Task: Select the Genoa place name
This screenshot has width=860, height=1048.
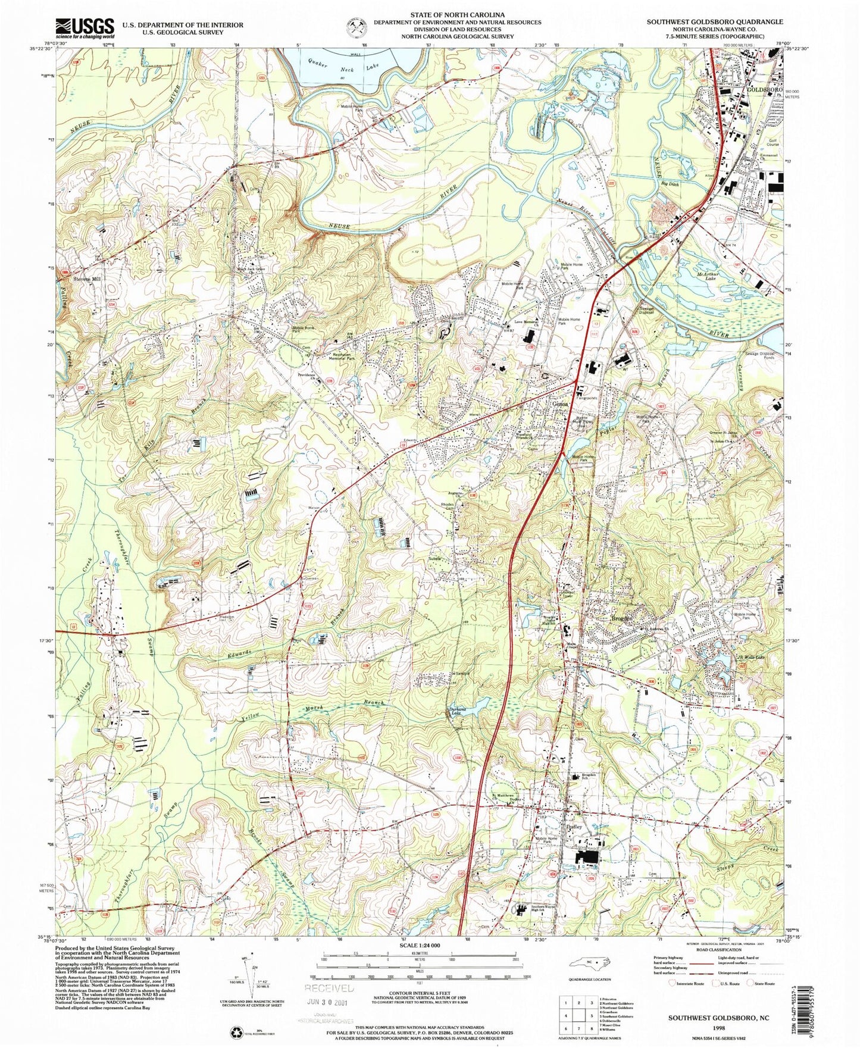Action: point(561,404)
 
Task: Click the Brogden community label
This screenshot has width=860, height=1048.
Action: point(624,619)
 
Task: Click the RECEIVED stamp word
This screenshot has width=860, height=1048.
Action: point(330,988)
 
